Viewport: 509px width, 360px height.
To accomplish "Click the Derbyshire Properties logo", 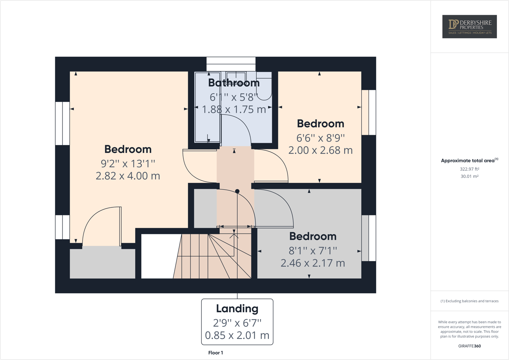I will pyautogui.click(x=469, y=26).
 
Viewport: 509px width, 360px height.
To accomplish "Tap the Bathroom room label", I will pyautogui.click(x=234, y=83).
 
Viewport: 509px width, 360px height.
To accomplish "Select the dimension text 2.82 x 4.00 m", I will pyautogui.click(x=128, y=176).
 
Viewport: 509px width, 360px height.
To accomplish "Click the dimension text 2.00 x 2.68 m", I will pyautogui.click(x=320, y=150).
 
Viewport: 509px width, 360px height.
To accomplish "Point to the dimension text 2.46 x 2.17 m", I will pyautogui.click(x=312, y=263).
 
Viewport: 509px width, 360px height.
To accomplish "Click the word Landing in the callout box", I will pyautogui.click(x=237, y=309).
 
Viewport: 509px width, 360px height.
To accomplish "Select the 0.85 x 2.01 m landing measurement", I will pyautogui.click(x=237, y=335).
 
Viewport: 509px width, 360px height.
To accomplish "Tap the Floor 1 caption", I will pyautogui.click(x=215, y=353).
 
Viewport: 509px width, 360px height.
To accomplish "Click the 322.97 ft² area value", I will pyautogui.click(x=469, y=169).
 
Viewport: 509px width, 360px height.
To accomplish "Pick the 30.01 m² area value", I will pyautogui.click(x=469, y=176).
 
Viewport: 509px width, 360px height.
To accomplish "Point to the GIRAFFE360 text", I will pyautogui.click(x=469, y=346).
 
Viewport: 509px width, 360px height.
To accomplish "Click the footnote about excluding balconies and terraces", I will pyautogui.click(x=469, y=301).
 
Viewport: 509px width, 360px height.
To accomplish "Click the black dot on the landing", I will pyautogui.click(x=237, y=191).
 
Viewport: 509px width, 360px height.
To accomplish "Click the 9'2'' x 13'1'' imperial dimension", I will pyautogui.click(x=128, y=164).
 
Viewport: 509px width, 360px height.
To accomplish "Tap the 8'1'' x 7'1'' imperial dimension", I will pyautogui.click(x=312, y=251).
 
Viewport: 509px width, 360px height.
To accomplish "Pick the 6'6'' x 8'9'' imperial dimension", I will pyautogui.click(x=320, y=138).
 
